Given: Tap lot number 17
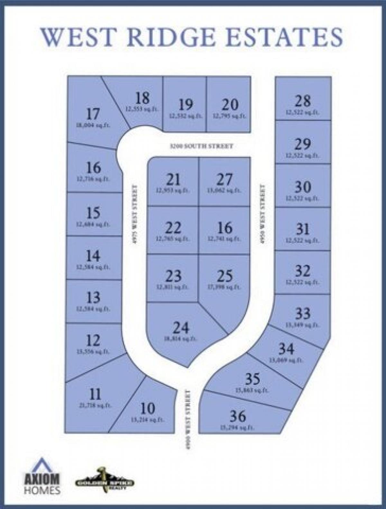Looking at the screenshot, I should (x=93, y=114).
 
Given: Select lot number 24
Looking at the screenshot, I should (x=181, y=328).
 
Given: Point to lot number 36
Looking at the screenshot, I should (x=238, y=417).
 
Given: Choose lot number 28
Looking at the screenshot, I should (x=302, y=101).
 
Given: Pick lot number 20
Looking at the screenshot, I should (x=230, y=105).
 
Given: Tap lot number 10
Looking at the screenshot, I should (x=148, y=409).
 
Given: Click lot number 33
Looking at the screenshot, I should (x=302, y=313).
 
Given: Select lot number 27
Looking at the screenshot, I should (x=224, y=179).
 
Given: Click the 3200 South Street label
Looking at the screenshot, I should (x=201, y=146).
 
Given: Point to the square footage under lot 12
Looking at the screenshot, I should (x=93, y=351).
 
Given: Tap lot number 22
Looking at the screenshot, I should (x=173, y=228).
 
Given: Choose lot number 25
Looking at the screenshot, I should (x=225, y=276).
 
